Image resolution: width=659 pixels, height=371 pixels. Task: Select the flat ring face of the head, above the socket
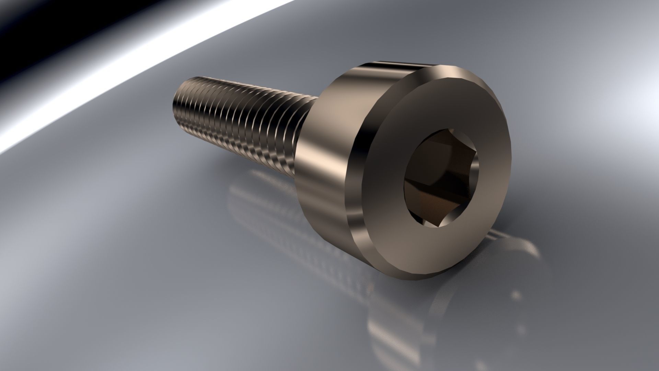(443, 103)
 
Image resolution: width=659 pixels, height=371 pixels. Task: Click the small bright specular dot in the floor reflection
(515, 295)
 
